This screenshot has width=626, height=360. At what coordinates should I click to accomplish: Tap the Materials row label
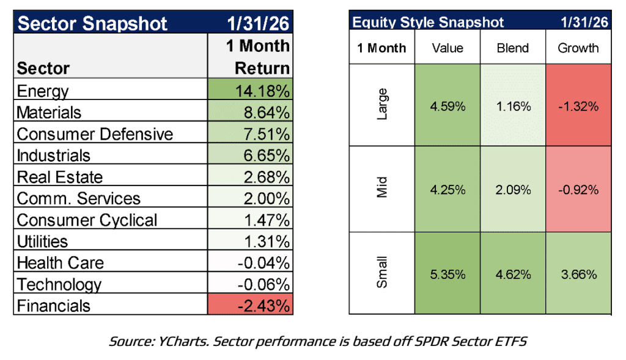click(x=49, y=113)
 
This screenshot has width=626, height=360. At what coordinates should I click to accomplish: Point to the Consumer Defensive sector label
click(x=95, y=134)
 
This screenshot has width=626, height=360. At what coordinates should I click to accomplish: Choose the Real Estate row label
click(x=60, y=177)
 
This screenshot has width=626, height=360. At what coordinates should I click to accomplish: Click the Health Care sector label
click(x=61, y=263)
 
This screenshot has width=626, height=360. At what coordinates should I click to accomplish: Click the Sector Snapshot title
click(x=92, y=24)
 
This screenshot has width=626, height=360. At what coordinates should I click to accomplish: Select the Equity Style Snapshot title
click(x=428, y=23)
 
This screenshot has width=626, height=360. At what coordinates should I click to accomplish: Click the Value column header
click(x=447, y=48)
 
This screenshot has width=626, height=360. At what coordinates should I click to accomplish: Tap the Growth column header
click(x=578, y=48)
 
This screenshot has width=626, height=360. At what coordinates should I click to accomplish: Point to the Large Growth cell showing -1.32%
click(x=578, y=106)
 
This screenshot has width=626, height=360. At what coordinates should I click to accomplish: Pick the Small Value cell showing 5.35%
click(x=447, y=275)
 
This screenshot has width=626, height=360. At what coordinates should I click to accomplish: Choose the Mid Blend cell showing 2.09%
click(x=512, y=190)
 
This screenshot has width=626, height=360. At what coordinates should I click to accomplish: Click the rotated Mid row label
click(x=381, y=190)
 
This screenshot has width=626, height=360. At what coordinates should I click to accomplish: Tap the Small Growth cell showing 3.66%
click(x=578, y=275)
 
